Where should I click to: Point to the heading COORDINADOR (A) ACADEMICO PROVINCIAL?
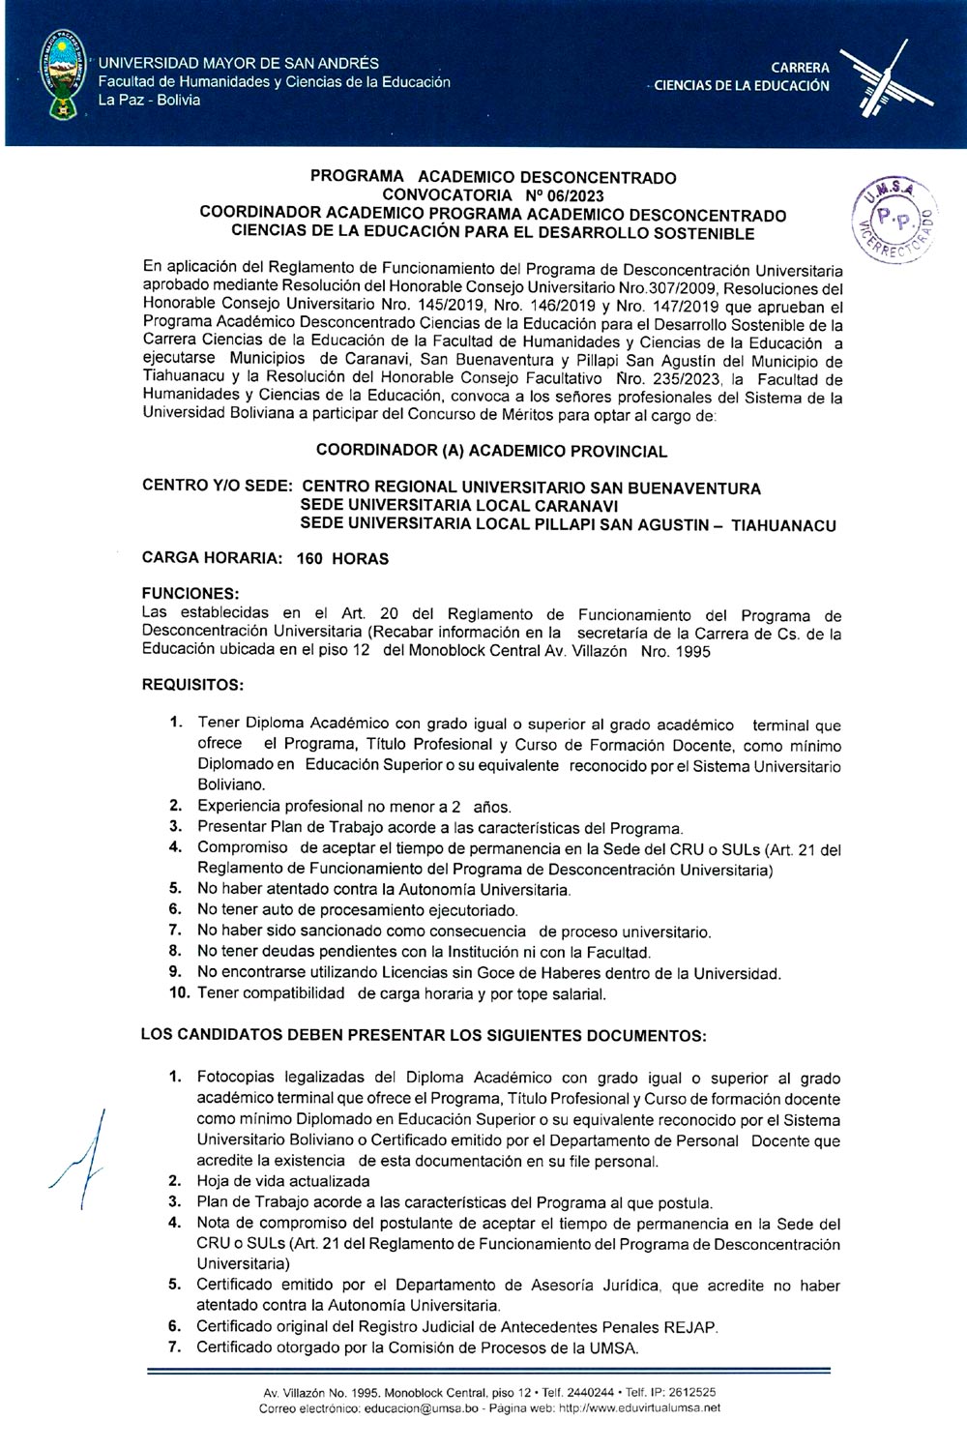coord(491,452)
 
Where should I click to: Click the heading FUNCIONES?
coord(190,593)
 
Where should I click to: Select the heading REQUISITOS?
coord(192,685)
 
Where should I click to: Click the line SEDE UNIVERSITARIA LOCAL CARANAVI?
coord(459,506)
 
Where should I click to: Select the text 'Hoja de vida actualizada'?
coord(283,1181)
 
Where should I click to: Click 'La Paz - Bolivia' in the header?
coord(150,101)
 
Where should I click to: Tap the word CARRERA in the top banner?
coord(800,68)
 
